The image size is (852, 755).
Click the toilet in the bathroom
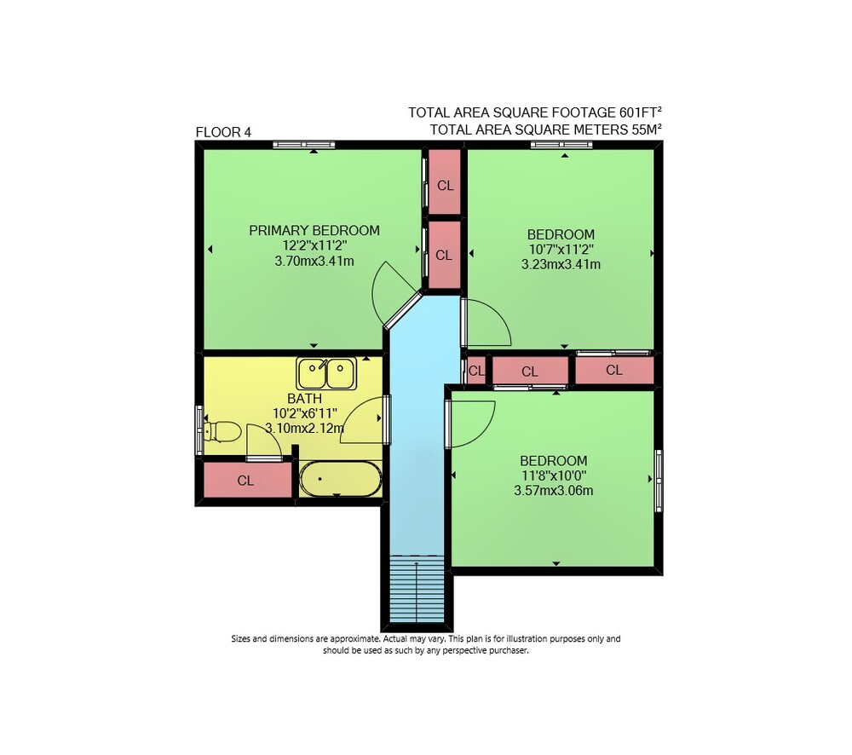click(x=222, y=431)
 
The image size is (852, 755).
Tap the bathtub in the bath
click(x=341, y=479)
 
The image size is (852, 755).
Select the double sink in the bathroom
click(x=326, y=373)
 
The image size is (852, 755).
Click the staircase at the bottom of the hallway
click(x=417, y=589)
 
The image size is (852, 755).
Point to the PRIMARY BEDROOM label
click(x=314, y=230)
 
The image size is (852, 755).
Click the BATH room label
click(x=305, y=399)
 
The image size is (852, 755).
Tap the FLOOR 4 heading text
click(x=223, y=132)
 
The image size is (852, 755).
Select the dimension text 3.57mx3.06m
click(x=554, y=491)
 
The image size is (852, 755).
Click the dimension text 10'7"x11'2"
click(x=561, y=250)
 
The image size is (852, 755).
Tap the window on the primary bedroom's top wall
click(x=304, y=145)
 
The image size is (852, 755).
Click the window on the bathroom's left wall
click(x=199, y=430)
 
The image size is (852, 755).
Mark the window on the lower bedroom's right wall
click(x=659, y=480)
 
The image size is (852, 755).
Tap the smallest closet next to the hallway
click(x=476, y=371)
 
